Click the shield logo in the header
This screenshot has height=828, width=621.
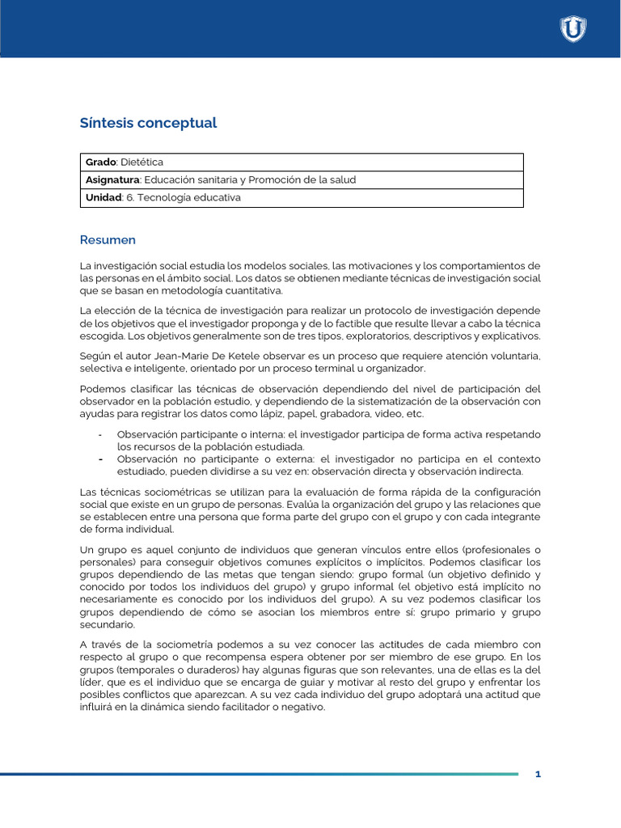[x=572, y=29]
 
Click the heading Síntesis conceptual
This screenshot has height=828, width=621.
[x=148, y=123]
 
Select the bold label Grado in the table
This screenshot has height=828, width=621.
[x=100, y=162]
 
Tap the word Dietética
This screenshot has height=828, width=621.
[x=142, y=162]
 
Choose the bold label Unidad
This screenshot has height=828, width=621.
[x=103, y=197]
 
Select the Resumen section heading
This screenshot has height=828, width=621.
[x=108, y=239]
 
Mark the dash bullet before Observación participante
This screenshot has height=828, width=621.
[x=99, y=434]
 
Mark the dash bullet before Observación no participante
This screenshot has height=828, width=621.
[x=99, y=458]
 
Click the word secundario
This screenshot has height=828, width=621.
[x=108, y=624]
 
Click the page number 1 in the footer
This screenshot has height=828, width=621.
[x=538, y=774]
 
